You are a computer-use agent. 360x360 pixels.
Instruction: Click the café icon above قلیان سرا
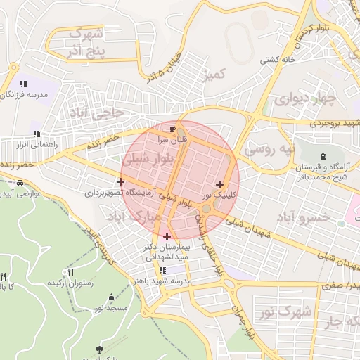coord(173,129)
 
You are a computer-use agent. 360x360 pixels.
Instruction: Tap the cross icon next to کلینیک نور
coord(220,184)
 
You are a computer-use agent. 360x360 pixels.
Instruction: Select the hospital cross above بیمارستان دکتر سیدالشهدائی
coord(167,236)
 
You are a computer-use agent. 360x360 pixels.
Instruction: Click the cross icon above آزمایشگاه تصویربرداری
coord(121,181)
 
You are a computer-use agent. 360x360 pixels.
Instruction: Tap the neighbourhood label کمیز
coord(212,73)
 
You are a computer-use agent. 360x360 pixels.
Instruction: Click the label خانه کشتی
coord(276,60)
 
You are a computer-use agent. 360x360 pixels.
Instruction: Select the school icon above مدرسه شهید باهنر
coord(163,269)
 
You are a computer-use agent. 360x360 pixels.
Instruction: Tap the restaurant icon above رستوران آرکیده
coord(70,272)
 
